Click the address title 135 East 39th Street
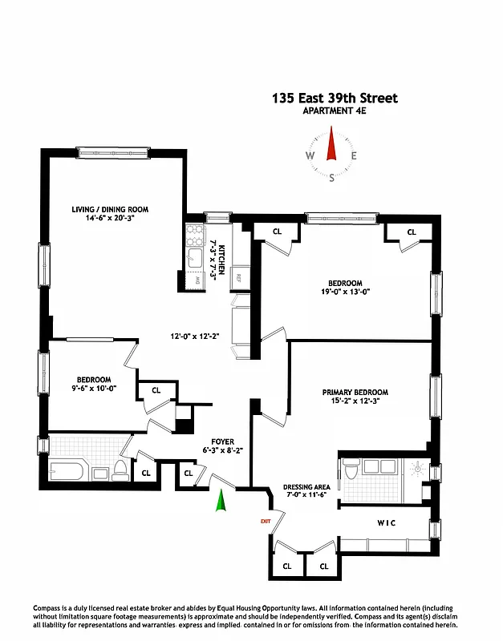coord(334,99)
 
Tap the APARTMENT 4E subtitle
coord(334,111)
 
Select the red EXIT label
coord(266,522)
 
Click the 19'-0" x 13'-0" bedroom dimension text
coord(346,292)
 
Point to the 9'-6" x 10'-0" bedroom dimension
coord(94,389)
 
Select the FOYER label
coord(222,441)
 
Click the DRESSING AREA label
coord(307,487)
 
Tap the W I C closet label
coord(387,523)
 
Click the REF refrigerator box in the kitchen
coord(239,278)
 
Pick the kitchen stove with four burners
coord(195,235)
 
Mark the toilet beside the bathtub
coord(120,470)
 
